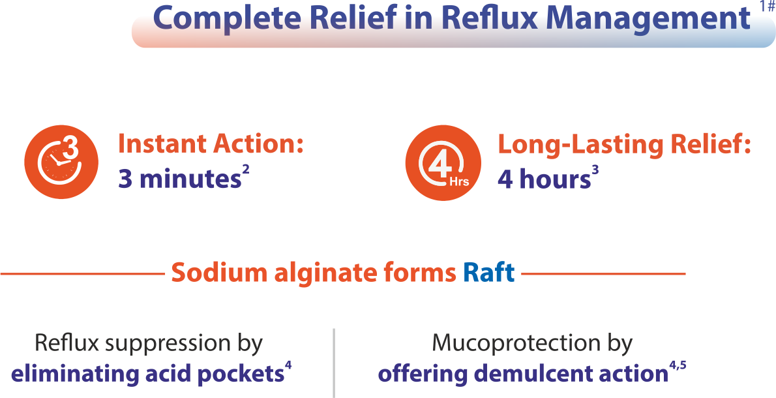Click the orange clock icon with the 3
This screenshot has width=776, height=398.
tap(61, 160)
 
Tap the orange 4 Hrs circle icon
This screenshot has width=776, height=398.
tap(442, 161)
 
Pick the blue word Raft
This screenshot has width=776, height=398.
tap(488, 273)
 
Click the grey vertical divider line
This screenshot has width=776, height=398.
tap(334, 362)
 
